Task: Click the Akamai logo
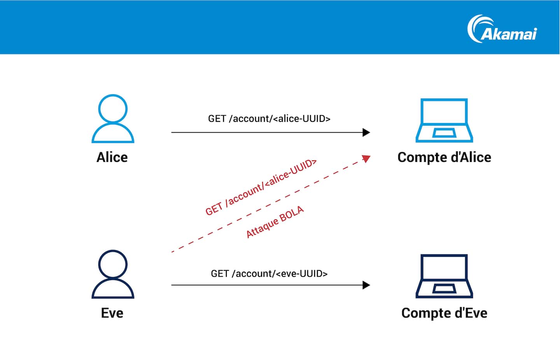502,29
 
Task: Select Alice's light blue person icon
113,119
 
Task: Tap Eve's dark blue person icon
113,274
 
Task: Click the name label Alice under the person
112,157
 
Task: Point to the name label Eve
112,313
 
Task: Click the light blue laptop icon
444,120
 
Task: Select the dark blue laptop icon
444,276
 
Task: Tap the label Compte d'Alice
444,157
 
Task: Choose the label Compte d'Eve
444,313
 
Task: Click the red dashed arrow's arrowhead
366,158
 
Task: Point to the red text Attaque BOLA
275,222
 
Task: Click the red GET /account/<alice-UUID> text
261,187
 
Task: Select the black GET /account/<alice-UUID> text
269,119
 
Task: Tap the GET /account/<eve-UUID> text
269,274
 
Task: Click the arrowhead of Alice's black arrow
366,132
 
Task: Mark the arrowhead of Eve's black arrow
366,285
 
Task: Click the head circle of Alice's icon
113,108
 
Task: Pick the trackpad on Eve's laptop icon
444,288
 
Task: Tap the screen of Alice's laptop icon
444,112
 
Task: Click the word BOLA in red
291,214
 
